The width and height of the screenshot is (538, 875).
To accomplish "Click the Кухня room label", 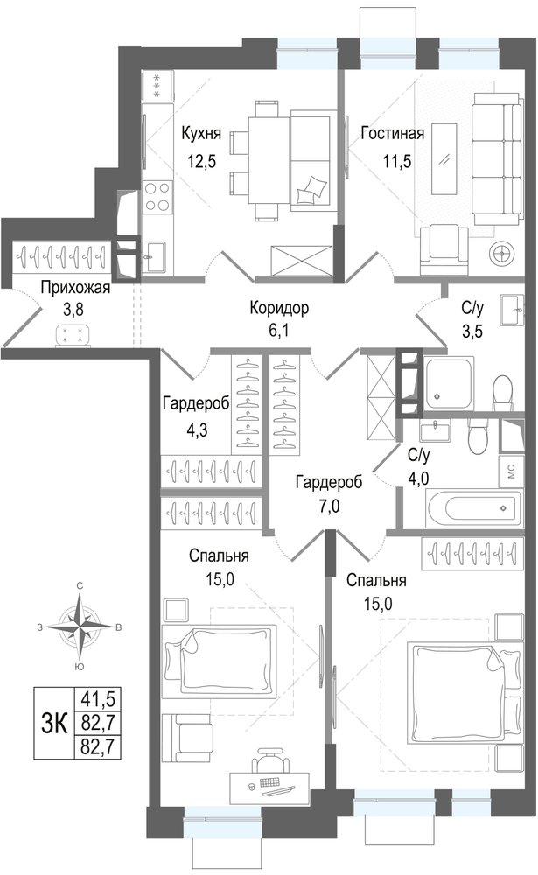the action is pos(201,133).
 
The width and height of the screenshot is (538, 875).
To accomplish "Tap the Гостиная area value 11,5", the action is pos(397,161).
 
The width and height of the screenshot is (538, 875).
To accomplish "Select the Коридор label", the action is pos(279,307).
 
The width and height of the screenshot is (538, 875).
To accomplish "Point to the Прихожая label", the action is pos(75,288).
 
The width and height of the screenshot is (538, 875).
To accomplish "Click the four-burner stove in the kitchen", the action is pos(157,197).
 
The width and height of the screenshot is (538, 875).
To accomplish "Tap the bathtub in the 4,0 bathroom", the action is pos(474,508).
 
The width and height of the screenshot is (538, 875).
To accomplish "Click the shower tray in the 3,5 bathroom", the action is pos(450,384).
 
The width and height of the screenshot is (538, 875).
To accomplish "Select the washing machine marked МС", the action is pos(511,472).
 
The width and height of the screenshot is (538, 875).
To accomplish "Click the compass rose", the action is pos(81,626).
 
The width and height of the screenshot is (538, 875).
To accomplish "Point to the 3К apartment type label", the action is pos(54,724).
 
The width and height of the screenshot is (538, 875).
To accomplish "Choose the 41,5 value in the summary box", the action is pos(94,698).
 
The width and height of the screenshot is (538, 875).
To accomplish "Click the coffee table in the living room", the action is pos(444,159).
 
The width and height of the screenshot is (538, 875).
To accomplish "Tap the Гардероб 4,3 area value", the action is pos(198,430).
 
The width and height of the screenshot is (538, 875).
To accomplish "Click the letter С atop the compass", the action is pos(80,586).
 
